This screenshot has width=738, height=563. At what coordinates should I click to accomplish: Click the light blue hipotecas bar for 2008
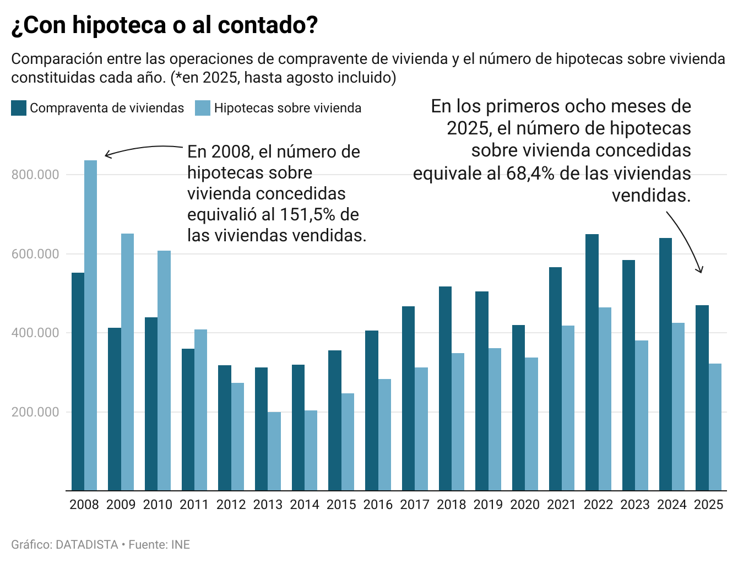[90, 325]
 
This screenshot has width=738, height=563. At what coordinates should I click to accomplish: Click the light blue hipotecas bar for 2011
[200, 410]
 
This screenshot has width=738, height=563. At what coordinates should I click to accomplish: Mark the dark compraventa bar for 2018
[445, 388]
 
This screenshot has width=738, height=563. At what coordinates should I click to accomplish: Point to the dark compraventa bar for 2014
[298, 427]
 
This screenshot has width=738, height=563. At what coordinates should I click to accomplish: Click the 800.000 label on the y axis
[35, 175]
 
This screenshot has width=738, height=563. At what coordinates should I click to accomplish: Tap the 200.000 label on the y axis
[35, 413]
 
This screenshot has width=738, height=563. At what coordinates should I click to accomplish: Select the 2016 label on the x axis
[378, 505]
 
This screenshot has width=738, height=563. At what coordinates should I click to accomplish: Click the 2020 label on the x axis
[525, 505]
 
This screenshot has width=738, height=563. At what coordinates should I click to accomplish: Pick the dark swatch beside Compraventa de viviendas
[19, 108]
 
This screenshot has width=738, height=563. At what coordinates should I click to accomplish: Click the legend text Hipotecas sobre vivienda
[287, 108]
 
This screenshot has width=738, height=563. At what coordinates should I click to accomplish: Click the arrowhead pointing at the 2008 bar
[107, 155]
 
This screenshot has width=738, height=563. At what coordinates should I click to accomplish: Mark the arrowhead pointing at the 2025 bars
[701, 270]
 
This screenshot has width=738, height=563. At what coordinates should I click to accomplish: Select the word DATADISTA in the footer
[87, 545]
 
